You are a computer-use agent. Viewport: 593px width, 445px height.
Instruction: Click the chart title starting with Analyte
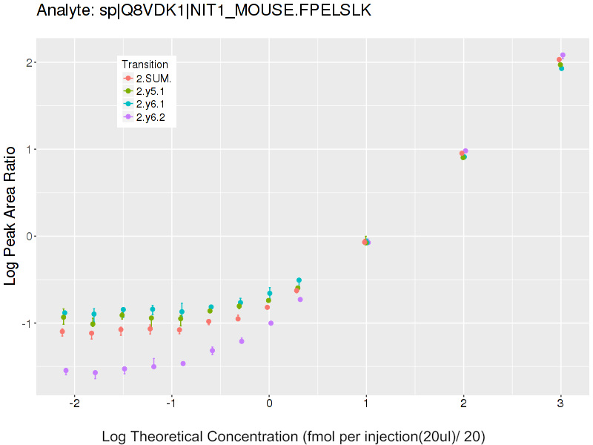[204, 12]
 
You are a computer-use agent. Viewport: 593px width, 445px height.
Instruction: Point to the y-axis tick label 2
[27, 63]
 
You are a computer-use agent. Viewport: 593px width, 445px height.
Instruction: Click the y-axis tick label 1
[27, 150]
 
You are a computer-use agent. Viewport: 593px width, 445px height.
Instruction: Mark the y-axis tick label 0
[27, 237]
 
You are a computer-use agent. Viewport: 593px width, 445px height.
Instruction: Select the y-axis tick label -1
[25, 323]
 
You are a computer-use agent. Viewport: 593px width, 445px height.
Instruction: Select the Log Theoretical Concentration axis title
[293, 436]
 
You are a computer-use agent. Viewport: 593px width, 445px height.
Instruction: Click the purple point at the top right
[563, 55]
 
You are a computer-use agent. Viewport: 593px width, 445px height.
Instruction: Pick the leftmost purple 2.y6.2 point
[66, 371]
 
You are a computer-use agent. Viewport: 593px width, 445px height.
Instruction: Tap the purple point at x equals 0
[271, 323]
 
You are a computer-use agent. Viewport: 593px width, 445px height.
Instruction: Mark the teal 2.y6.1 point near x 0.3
[299, 280]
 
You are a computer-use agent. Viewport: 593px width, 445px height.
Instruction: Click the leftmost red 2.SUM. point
[62, 332]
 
